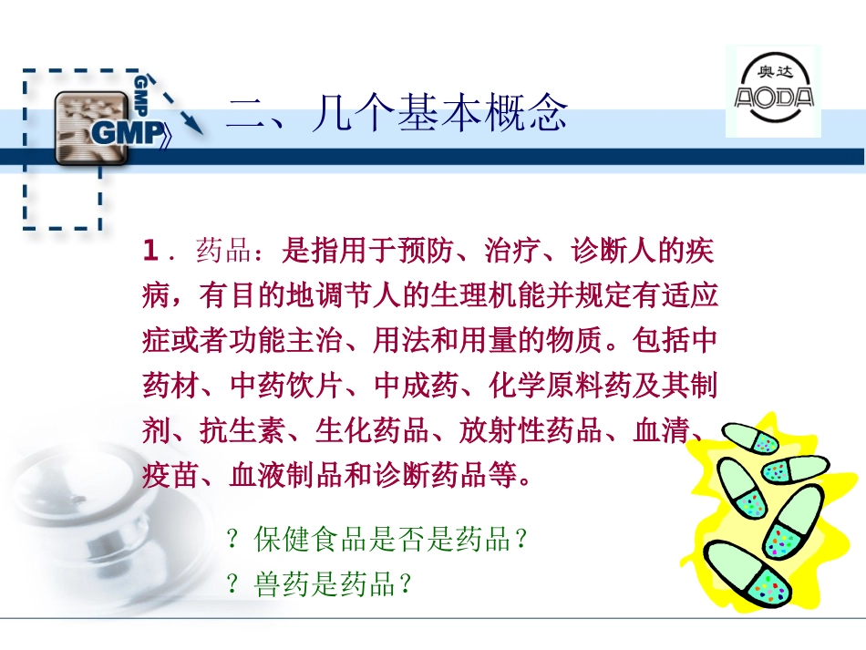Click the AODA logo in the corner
pyautogui.click(x=773, y=91)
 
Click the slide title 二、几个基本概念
pyautogui.click(x=397, y=113)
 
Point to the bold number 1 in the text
pyautogui.click(x=149, y=250)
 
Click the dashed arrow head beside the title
pyautogui.click(x=193, y=125)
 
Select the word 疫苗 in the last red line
pyautogui.click(x=170, y=474)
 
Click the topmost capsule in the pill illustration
pyautogui.click(x=751, y=438)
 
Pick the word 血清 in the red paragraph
pyautogui.click(x=661, y=429)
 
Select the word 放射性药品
pyautogui.click(x=530, y=429)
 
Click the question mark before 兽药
pyautogui.click(x=232, y=583)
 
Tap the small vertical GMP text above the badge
pyautogui.click(x=141, y=96)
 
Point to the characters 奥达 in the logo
pyautogui.click(x=775, y=72)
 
